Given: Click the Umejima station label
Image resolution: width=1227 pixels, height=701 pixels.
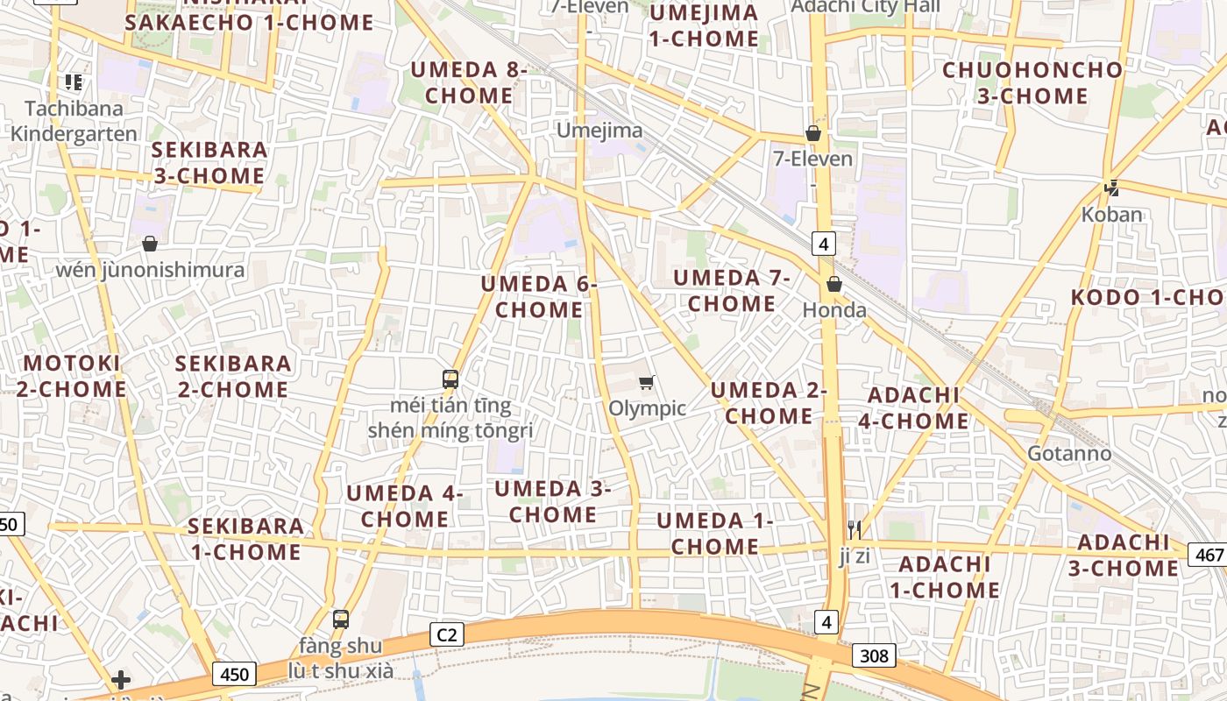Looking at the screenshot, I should click(x=600, y=131).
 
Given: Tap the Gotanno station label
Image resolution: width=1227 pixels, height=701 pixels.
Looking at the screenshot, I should click(x=1069, y=454).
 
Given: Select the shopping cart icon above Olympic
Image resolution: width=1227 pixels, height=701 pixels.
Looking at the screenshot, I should click(x=647, y=381).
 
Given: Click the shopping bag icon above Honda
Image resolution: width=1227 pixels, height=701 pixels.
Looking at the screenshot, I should click(x=834, y=284).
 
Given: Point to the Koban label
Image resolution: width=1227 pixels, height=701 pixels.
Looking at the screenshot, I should click(x=1111, y=215).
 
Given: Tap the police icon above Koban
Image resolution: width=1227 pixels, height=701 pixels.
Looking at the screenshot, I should click(x=1112, y=188).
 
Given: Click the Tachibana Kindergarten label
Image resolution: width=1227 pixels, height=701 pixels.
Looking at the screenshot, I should click(x=74, y=121).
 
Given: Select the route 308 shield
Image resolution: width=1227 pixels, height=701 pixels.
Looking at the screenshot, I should click(x=874, y=655).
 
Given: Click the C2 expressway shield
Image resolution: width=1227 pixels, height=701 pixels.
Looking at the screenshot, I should click(x=447, y=634).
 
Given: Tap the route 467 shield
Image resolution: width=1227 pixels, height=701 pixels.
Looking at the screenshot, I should click(x=1208, y=554).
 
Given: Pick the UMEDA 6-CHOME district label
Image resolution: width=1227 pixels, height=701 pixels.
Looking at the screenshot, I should click(x=539, y=297).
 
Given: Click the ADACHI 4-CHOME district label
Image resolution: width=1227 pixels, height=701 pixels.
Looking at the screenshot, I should click(x=913, y=408).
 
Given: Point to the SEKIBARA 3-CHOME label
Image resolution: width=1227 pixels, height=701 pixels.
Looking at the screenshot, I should click(x=209, y=163).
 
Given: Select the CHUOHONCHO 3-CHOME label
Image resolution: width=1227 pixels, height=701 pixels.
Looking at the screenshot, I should click(x=1032, y=82).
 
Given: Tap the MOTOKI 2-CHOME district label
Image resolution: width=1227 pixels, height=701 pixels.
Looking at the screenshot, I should click(x=71, y=376).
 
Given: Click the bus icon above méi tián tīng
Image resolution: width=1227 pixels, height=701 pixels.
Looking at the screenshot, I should click(x=450, y=379).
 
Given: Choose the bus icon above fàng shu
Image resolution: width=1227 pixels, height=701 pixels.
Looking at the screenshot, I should click(x=341, y=620).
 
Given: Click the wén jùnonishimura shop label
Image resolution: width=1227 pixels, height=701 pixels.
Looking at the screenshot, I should click(x=150, y=270).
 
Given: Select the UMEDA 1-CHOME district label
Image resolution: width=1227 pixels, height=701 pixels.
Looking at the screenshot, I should click(x=714, y=534).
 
